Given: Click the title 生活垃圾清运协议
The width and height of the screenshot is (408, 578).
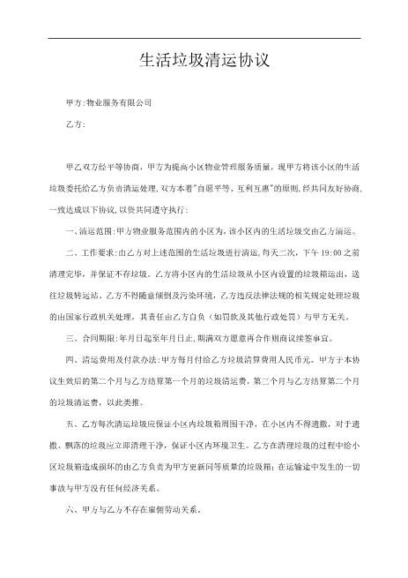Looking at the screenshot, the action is (204, 61).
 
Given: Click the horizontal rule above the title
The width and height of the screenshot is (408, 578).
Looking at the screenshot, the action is (204, 38).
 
